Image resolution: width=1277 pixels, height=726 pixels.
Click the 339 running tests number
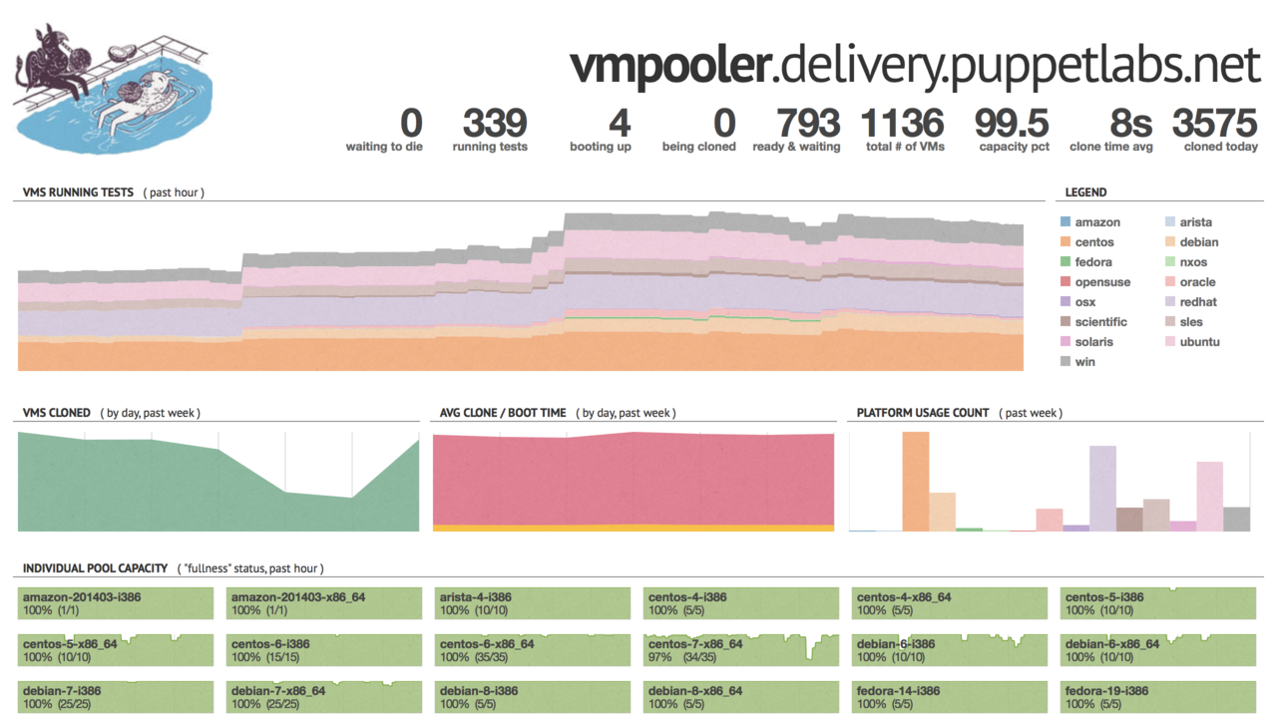click(x=495, y=124)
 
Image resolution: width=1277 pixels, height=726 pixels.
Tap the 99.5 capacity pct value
click(x=1012, y=124)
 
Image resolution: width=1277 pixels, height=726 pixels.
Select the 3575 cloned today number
click(x=1214, y=124)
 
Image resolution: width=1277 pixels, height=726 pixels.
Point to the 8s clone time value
click(x=1130, y=124)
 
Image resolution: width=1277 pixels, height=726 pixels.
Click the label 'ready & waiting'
click(x=796, y=147)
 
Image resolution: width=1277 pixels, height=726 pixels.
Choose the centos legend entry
click(x=1094, y=242)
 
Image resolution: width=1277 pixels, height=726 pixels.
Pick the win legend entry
click(x=1084, y=362)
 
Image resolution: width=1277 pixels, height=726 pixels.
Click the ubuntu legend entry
click(x=1198, y=342)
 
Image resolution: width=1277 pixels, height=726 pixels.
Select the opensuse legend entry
click(x=1102, y=282)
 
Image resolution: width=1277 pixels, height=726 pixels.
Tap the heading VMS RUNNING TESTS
click(x=78, y=192)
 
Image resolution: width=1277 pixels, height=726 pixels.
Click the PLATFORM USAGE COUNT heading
click(x=923, y=413)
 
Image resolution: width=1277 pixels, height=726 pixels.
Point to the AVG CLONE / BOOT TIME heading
click(x=503, y=413)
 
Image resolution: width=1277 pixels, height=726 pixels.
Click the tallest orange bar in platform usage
click(x=915, y=481)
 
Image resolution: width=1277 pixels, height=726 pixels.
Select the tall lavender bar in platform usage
click(x=1102, y=488)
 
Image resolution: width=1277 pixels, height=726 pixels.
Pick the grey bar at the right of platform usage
click(x=1236, y=519)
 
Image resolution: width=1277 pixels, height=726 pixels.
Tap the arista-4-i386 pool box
click(x=533, y=603)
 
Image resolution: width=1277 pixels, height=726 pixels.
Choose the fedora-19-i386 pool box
click(x=1157, y=696)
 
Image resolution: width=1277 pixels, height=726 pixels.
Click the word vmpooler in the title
click(x=669, y=66)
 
